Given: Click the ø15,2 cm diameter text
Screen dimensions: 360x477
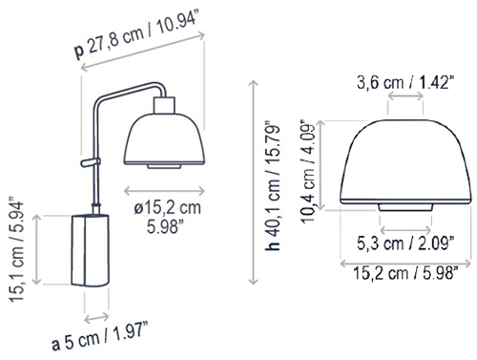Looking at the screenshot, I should click(x=168, y=208).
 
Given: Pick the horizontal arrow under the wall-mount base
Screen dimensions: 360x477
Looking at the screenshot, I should click(x=95, y=317).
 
